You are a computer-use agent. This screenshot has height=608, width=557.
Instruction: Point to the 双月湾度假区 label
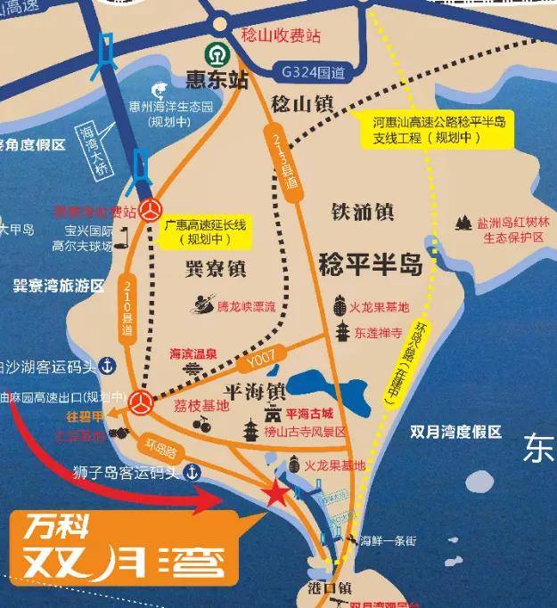pyautogui.click(x=456, y=432)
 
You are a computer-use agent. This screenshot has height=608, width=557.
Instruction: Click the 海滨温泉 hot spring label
pyautogui.click(x=194, y=353)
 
